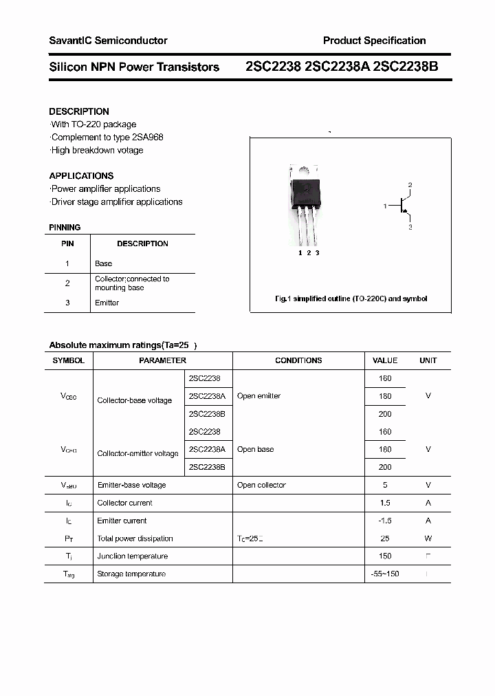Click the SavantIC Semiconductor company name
point(108,41)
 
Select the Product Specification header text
point(374,41)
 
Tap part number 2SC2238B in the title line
point(406,67)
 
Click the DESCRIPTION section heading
point(79,111)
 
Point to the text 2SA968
point(147,137)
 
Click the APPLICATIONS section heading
point(81,175)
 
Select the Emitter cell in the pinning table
point(107,303)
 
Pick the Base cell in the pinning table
point(103,263)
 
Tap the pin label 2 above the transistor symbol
point(410,186)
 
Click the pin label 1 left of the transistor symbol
point(386,206)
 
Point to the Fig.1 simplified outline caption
point(351,298)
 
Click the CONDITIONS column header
point(298,360)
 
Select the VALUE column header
point(385,360)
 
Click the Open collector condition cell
point(261,485)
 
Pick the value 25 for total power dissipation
point(385,539)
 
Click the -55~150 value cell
point(385,574)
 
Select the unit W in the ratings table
point(428,539)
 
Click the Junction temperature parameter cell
point(133,556)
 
